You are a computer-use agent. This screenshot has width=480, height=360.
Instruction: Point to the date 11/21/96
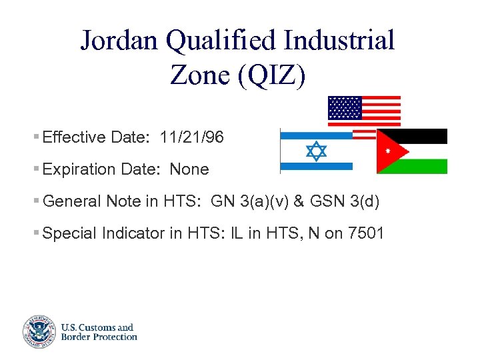tap(192, 137)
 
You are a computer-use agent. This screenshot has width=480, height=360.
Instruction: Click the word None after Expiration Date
tap(189, 169)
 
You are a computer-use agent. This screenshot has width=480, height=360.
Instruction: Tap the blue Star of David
tap(315, 151)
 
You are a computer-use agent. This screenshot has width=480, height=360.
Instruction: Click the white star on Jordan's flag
tap(387, 151)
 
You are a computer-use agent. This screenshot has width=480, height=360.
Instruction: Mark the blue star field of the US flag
tap(345, 107)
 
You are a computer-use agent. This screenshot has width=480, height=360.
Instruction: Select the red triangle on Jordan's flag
tap(391, 151)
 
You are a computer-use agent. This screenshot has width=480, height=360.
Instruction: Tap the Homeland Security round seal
tap(38, 331)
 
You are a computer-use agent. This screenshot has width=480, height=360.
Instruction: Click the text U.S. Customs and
tap(97, 327)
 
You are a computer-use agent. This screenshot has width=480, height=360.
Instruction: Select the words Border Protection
tap(99, 337)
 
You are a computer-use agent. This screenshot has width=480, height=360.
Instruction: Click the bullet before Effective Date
tap(36, 137)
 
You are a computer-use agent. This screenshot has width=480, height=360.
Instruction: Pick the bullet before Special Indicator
tap(36, 233)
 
